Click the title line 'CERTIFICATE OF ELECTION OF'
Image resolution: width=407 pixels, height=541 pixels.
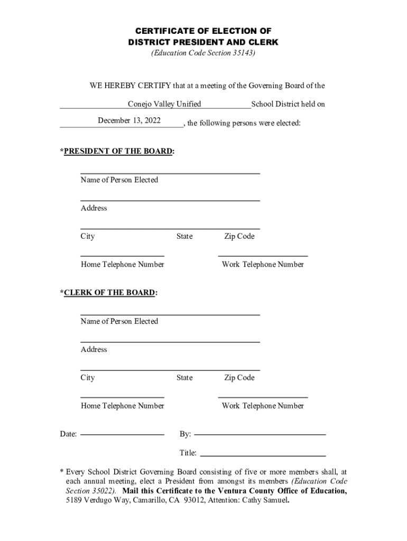point(203,31)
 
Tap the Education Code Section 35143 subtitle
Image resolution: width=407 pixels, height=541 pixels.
point(203,53)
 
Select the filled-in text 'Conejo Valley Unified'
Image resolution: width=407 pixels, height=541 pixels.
point(164,104)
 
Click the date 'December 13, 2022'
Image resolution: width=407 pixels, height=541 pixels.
point(129,120)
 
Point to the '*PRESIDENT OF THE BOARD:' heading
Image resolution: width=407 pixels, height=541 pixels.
point(117,152)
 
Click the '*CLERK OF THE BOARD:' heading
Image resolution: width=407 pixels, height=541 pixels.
point(109,293)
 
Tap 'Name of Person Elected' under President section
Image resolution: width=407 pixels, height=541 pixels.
point(119,180)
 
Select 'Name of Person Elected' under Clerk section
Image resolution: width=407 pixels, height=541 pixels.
point(119,321)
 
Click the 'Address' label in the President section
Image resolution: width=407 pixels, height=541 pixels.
point(94,208)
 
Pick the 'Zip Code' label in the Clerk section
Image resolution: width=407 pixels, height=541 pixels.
point(239,378)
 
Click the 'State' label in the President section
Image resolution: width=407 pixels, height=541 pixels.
point(184,237)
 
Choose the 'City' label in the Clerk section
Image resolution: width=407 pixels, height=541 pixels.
point(88,378)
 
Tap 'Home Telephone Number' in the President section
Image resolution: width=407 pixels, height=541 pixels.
point(122,265)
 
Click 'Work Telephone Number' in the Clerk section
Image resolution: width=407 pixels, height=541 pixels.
point(263,406)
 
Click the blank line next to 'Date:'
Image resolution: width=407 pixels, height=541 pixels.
point(122,434)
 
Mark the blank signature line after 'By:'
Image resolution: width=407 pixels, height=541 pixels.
point(260,434)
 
